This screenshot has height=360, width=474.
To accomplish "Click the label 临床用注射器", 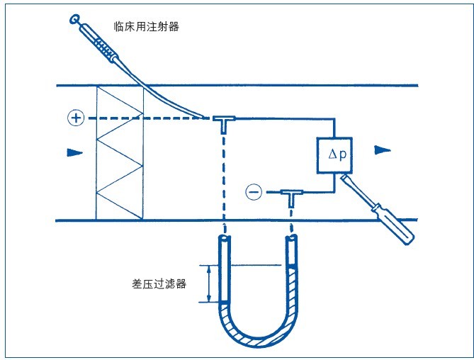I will [x=147, y=26].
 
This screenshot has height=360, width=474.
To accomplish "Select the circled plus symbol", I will [x=75, y=118].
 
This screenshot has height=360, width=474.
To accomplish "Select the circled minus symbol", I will [x=253, y=191].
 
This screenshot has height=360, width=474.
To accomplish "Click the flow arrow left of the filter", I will [x=74, y=152].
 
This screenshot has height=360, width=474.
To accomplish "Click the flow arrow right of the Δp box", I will [x=382, y=150].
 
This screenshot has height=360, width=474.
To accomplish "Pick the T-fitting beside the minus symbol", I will [x=290, y=194].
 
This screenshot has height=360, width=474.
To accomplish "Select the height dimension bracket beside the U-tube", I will [x=208, y=283].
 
